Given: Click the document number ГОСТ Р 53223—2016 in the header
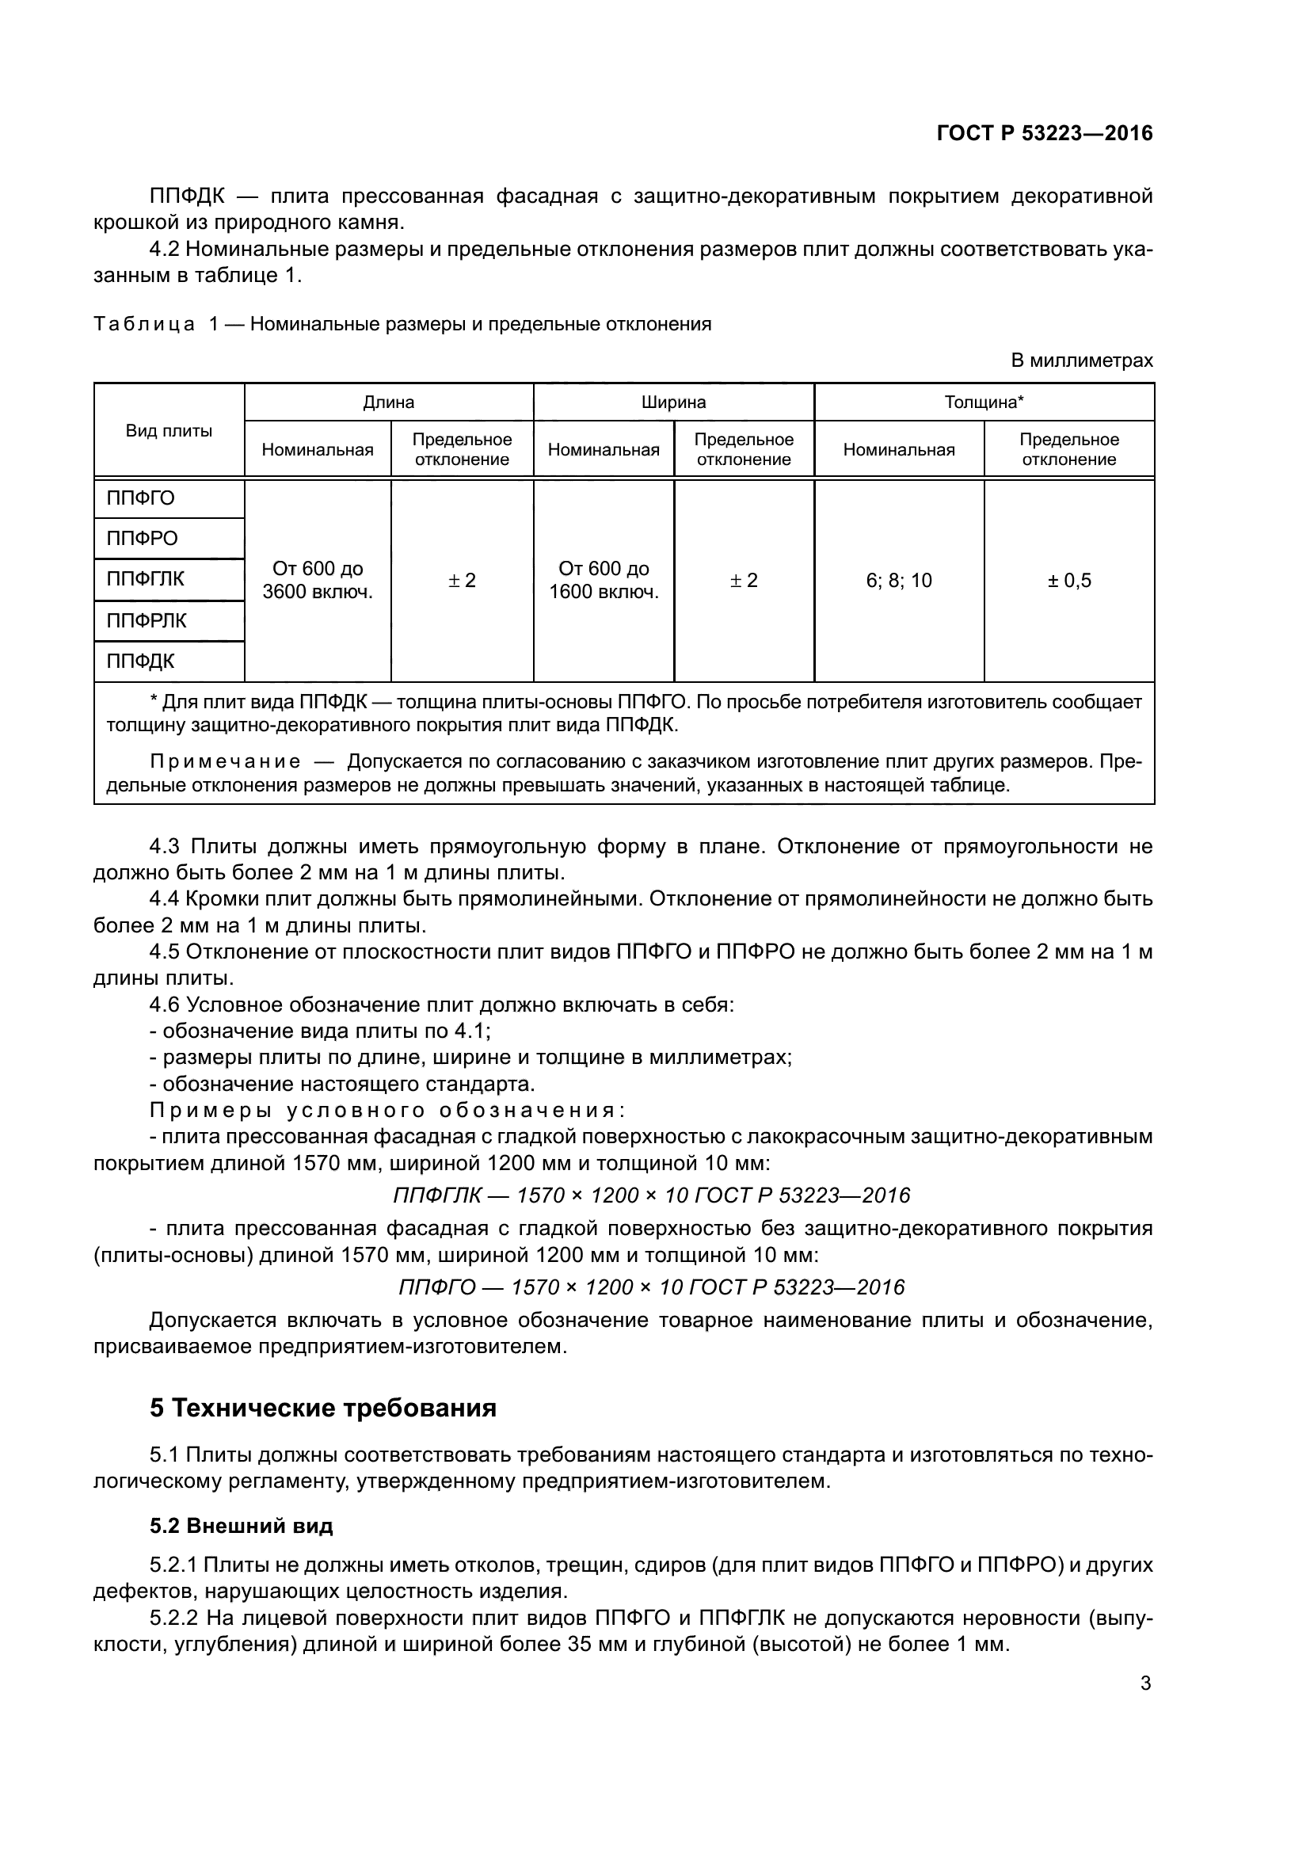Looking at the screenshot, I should [x=1044, y=134].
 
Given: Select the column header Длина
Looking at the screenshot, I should [x=388, y=402].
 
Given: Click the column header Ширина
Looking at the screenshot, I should [x=672, y=402].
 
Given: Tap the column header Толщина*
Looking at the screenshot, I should [x=984, y=402].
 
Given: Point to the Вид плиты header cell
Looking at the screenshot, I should [x=169, y=431].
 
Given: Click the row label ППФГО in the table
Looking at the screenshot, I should [x=140, y=498].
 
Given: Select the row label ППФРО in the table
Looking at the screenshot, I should [x=142, y=538].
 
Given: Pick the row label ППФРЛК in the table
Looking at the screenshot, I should [x=146, y=620].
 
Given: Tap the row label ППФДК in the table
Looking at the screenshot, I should [x=140, y=662].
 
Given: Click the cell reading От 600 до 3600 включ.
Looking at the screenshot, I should [x=317, y=580].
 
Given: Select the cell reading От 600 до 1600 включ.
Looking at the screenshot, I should [x=604, y=580].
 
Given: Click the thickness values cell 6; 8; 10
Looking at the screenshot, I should [x=899, y=580].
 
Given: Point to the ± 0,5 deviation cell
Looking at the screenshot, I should [x=1068, y=580].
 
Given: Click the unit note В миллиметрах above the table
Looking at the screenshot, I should [x=1082, y=360].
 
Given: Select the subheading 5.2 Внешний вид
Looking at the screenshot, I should [x=242, y=1525].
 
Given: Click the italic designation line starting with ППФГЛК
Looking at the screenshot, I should [x=651, y=1195].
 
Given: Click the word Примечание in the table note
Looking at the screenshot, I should [x=226, y=762].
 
